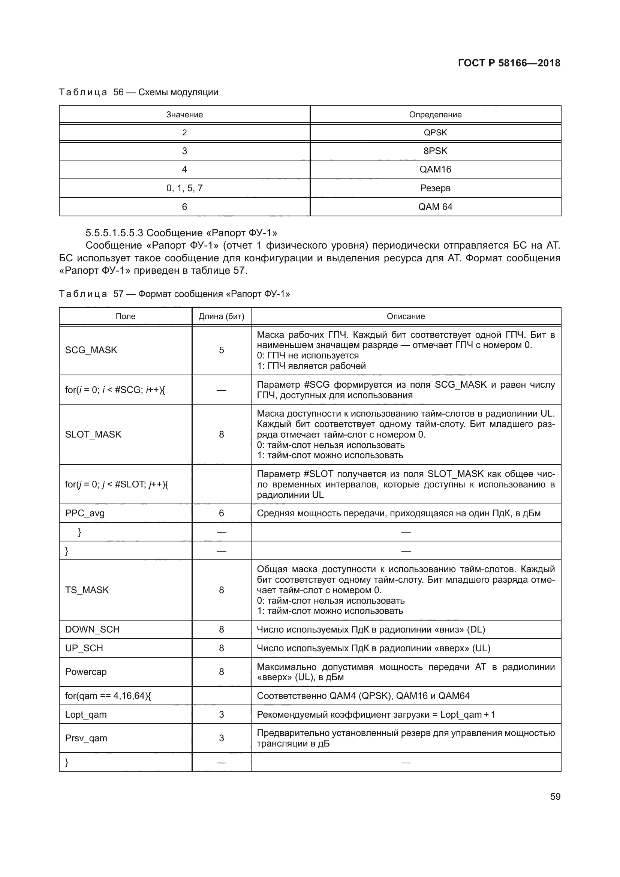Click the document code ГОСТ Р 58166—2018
(x=509, y=63)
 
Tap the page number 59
(x=555, y=796)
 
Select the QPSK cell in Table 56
(x=435, y=132)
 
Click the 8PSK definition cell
(x=435, y=151)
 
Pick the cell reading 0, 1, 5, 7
(x=184, y=188)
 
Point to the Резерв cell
(x=435, y=188)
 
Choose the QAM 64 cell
(x=435, y=207)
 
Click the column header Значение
(x=184, y=115)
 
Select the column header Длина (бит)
(x=222, y=316)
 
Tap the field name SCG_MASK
(x=91, y=350)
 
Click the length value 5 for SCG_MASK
(x=222, y=350)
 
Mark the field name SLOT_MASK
(x=93, y=434)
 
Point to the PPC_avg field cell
(x=85, y=513)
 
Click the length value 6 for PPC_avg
(x=222, y=513)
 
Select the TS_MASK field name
(x=87, y=590)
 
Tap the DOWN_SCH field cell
(x=92, y=629)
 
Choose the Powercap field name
(x=86, y=672)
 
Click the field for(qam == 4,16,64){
(x=108, y=696)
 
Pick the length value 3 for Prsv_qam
(x=222, y=738)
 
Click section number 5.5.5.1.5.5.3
(x=114, y=232)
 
